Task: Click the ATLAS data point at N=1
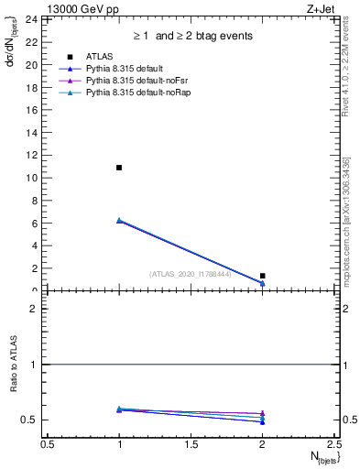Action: [119, 168]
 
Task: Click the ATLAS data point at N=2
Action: [262, 276]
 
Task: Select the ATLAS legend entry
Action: [98, 58]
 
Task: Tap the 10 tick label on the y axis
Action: [32, 178]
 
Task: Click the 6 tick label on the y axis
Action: [35, 224]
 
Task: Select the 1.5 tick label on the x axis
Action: [191, 443]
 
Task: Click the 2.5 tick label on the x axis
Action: [333, 443]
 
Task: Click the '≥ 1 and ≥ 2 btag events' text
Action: [191, 36]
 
